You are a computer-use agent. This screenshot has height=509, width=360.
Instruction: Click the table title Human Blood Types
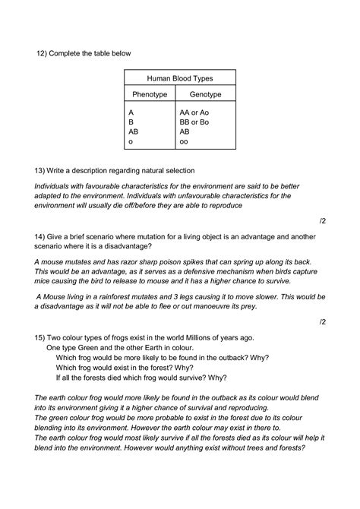(x=180, y=78)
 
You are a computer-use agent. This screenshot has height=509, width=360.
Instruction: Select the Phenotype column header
(x=149, y=95)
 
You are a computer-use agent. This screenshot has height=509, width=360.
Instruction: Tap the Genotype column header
(x=205, y=95)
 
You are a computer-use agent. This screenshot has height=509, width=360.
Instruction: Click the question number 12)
(x=43, y=53)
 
